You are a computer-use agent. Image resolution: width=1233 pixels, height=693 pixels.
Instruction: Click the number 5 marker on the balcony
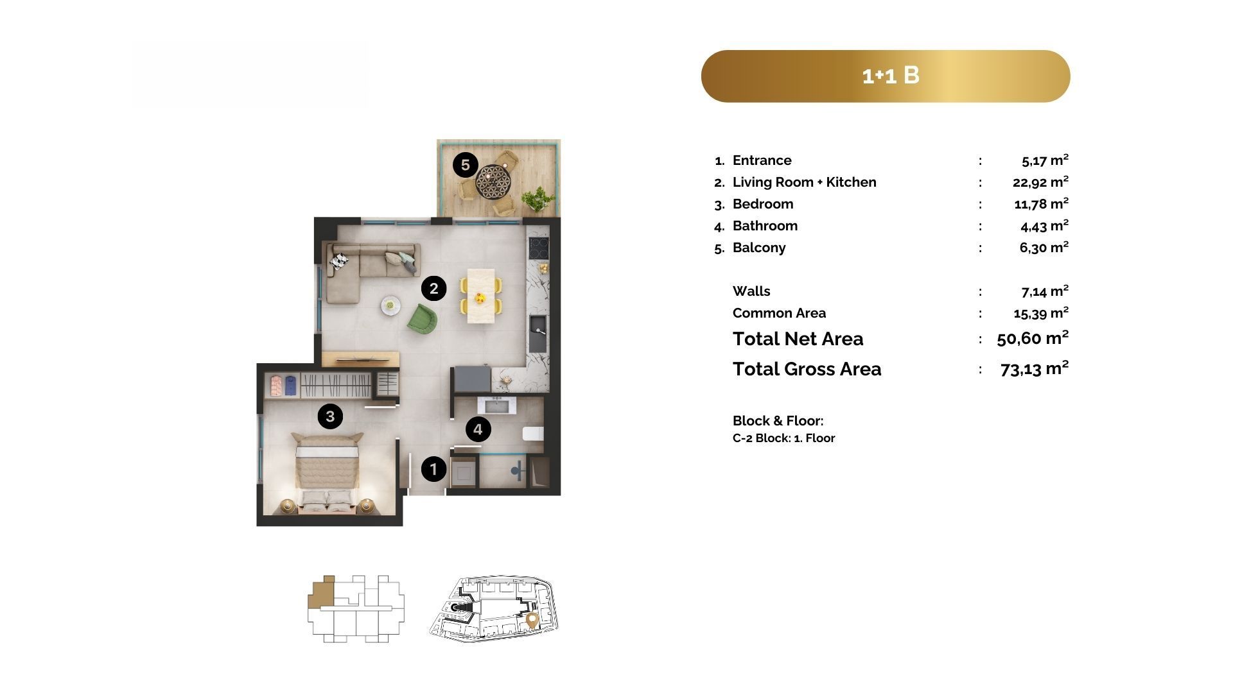[465, 165]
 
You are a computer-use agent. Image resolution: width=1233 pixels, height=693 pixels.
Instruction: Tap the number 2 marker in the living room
[433, 289]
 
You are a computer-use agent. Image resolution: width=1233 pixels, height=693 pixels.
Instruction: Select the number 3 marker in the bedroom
[330, 416]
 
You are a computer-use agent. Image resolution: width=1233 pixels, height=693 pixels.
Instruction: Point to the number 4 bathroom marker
[478, 429]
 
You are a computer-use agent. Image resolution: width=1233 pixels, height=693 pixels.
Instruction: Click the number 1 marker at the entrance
[433, 469]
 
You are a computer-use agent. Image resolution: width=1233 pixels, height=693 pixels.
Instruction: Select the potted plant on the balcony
[538, 199]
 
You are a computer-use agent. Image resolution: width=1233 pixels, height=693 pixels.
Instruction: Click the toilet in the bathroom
[533, 434]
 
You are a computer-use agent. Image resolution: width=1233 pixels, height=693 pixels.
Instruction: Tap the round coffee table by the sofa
[390, 305]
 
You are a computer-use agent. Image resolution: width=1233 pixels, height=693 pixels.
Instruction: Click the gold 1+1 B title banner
[886, 76]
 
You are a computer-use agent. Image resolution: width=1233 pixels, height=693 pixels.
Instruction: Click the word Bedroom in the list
[763, 204]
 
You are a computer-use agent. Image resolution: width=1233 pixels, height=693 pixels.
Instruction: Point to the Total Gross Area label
[807, 369]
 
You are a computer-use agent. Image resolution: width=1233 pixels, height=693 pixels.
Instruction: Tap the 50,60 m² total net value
[1033, 338]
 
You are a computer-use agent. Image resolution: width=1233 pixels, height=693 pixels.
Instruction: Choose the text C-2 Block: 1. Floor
[783, 438]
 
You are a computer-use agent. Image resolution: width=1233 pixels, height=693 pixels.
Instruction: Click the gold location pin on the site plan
[532, 620]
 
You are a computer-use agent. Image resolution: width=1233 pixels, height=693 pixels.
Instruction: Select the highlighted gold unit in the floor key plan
[320, 592]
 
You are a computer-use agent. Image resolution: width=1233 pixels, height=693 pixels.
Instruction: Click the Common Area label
[779, 313]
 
